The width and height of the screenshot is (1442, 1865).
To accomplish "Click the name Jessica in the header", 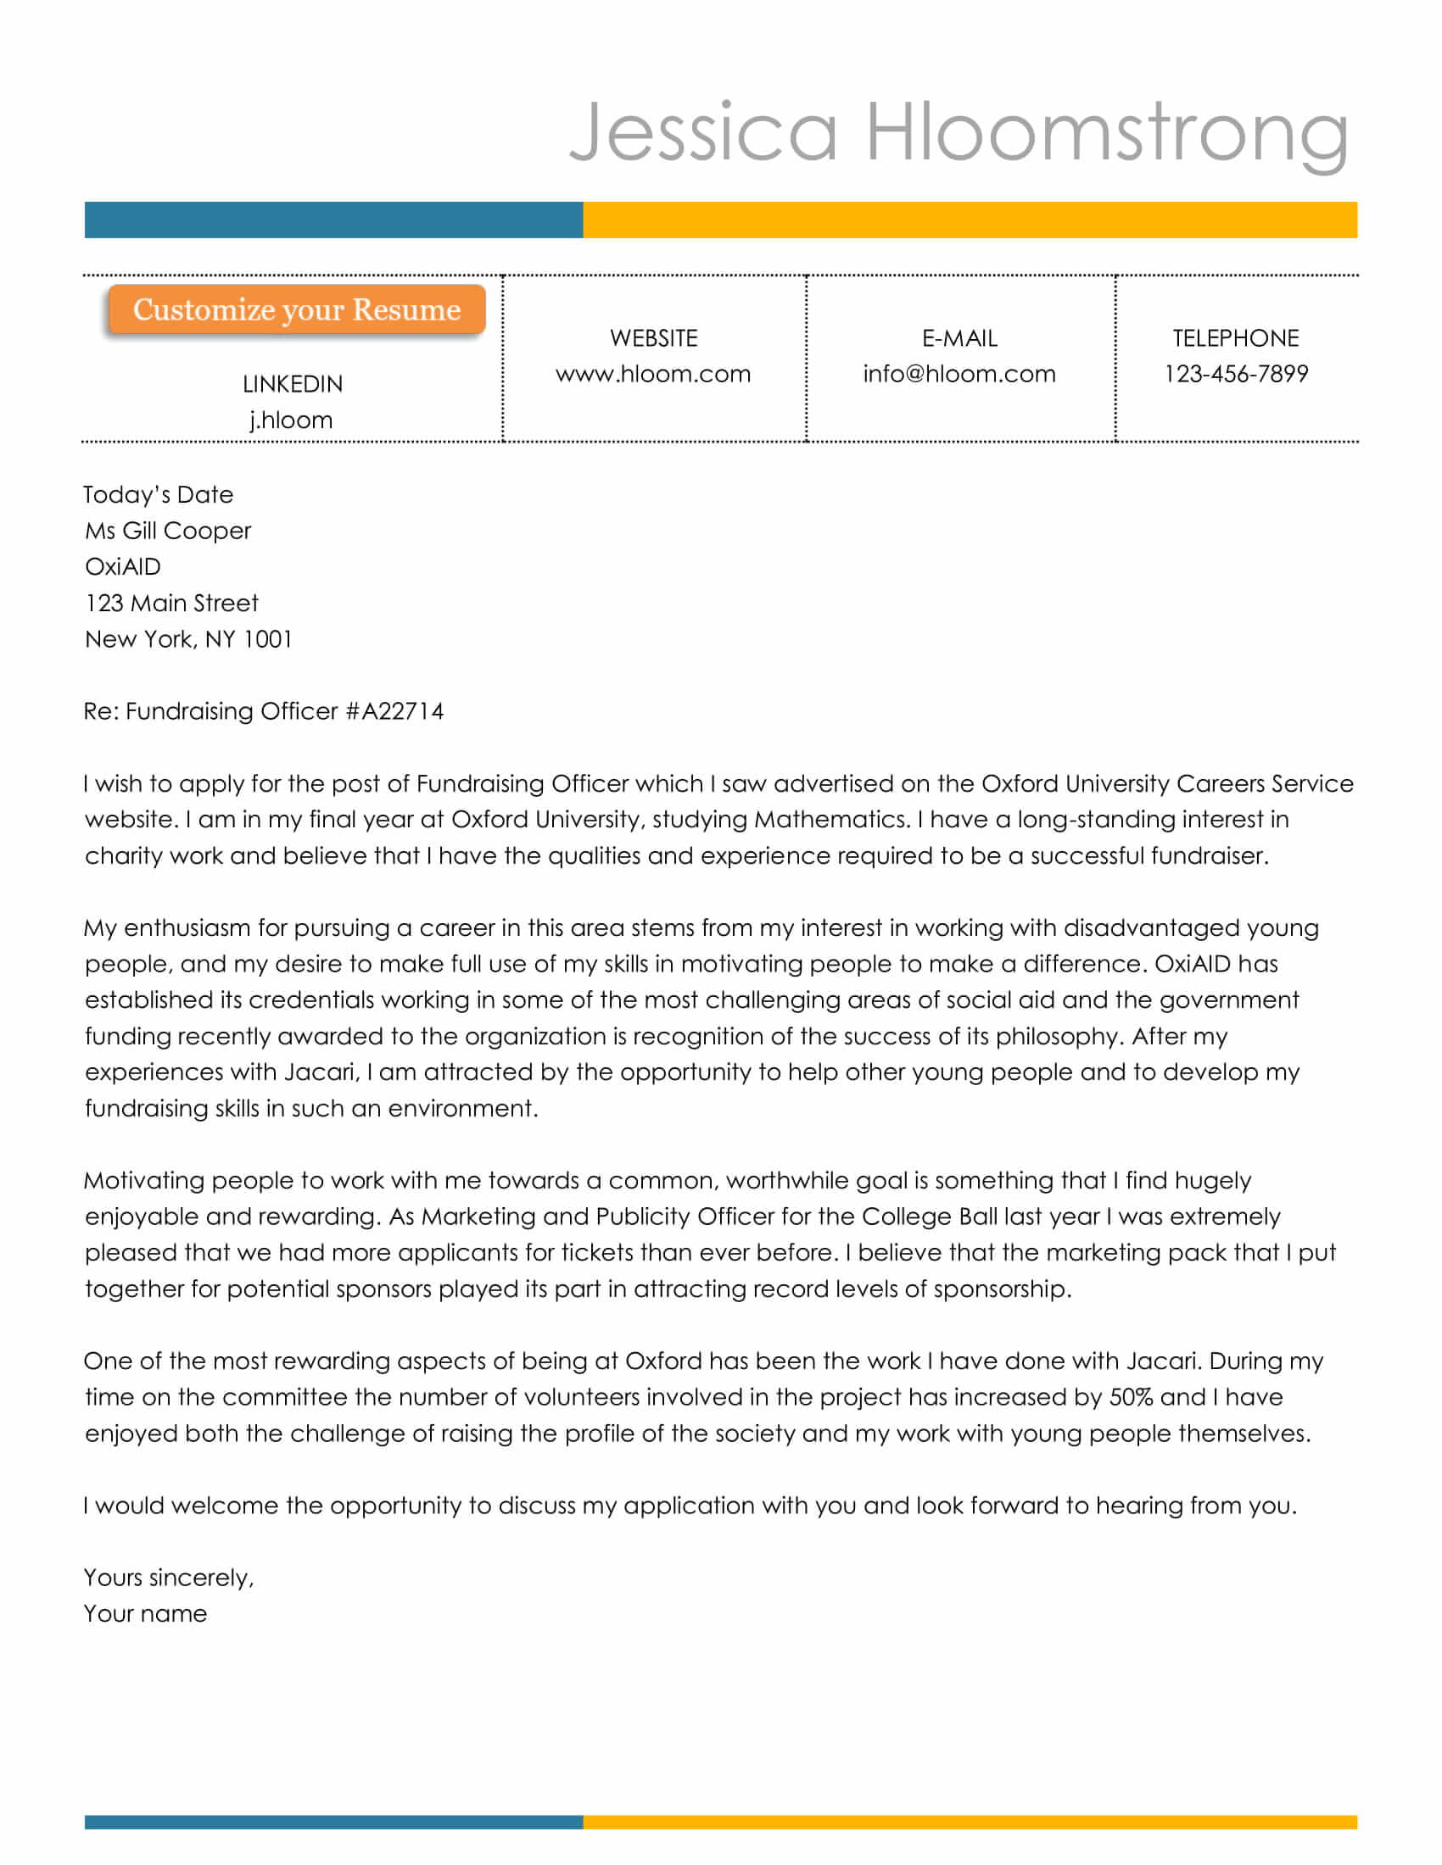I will tap(702, 132).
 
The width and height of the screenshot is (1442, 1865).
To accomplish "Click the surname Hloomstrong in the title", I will tap(1107, 132).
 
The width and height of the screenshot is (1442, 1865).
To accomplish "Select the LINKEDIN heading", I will tap(292, 384).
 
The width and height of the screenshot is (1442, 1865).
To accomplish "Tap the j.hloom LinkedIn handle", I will tap(291, 420).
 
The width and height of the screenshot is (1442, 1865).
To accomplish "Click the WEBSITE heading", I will tap(653, 338).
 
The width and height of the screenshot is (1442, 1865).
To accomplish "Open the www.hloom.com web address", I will tap(653, 374).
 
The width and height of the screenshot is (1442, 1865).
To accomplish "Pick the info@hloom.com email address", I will tap(959, 374).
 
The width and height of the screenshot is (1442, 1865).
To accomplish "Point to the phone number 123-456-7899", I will tap(1235, 374).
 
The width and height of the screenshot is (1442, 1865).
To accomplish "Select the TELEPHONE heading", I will tap(1235, 338).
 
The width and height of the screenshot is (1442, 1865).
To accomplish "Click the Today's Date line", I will tap(158, 494).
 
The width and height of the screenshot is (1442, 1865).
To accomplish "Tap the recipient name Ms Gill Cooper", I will tap(168, 531).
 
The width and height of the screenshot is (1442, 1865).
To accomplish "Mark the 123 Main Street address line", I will tap(171, 603).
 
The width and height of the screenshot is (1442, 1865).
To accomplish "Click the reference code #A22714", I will tap(394, 711).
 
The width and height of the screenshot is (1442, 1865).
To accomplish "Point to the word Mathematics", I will tap(830, 820).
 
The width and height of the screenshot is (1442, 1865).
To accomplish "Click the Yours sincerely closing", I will tap(169, 1578).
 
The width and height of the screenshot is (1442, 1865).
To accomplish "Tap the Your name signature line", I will tap(145, 1613).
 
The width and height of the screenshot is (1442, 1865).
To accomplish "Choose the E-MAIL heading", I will tap(959, 338).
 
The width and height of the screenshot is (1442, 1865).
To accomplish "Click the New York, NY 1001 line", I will tap(189, 638).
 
